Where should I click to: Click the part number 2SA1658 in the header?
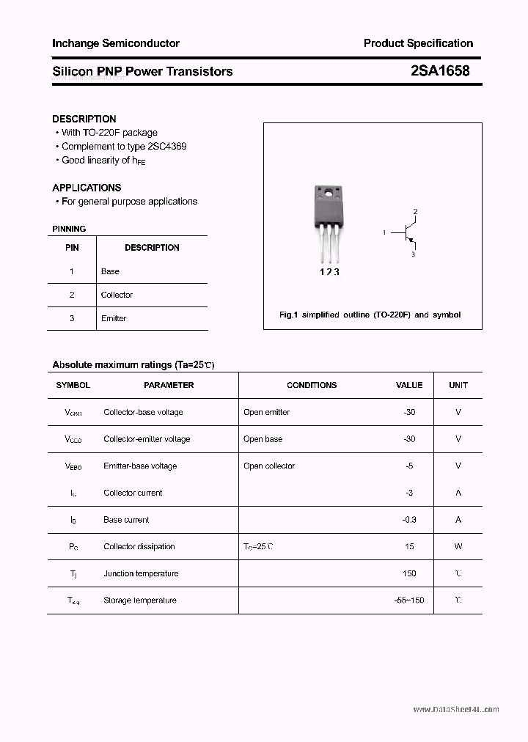pos(440,71)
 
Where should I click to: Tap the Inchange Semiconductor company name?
pos(116,43)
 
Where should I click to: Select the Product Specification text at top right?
pos(418,43)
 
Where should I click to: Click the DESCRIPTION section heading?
pos(84,119)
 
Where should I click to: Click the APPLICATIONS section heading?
pos(87,188)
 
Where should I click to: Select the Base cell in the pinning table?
pos(110,271)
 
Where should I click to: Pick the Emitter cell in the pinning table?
pos(114,318)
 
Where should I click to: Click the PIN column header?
pos(72,248)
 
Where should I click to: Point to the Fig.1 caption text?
pos(370,315)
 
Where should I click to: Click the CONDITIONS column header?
pos(312,385)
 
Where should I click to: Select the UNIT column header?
pos(458,385)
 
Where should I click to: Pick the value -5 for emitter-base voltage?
pos(409,466)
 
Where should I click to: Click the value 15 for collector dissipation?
pos(409,546)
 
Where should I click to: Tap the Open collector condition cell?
pos(269,466)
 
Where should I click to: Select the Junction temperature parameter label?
pos(141,573)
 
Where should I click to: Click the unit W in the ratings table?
pos(458,546)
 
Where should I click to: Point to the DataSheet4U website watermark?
pos(455,710)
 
